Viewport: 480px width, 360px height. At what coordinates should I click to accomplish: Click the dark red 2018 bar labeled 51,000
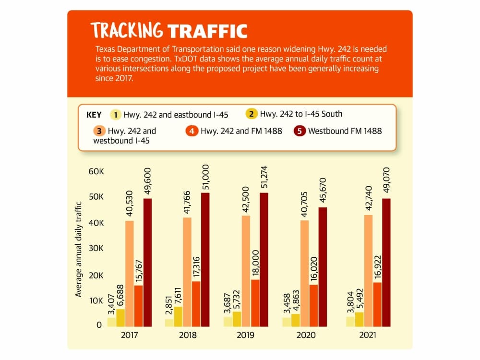[205, 260]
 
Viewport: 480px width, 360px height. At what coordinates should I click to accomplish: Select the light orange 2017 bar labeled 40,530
[130, 274]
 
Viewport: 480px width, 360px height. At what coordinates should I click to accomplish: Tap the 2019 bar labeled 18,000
[255, 303]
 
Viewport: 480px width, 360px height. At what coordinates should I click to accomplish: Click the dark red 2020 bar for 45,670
[323, 267]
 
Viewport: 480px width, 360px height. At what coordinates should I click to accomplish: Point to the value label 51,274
[264, 177]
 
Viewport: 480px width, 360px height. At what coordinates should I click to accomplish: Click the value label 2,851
[168, 305]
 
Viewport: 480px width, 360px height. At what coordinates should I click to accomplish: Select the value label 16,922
[378, 267]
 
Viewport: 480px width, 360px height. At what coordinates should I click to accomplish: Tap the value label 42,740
[369, 198]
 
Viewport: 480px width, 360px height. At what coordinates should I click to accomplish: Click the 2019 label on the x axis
[245, 335]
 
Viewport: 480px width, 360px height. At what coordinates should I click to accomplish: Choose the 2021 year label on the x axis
[368, 335]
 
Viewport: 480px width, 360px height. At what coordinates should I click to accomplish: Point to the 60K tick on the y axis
[96, 171]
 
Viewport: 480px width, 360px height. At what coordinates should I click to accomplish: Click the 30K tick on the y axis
[96, 248]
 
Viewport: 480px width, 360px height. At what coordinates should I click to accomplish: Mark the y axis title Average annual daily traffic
[79, 249]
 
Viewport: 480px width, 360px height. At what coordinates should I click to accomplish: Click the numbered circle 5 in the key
[300, 131]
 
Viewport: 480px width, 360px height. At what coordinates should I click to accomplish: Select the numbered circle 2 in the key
[251, 114]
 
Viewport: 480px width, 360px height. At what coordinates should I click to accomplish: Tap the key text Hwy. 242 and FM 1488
[241, 131]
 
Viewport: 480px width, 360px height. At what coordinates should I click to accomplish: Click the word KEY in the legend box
[94, 115]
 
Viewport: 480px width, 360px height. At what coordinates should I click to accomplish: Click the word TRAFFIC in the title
[207, 31]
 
